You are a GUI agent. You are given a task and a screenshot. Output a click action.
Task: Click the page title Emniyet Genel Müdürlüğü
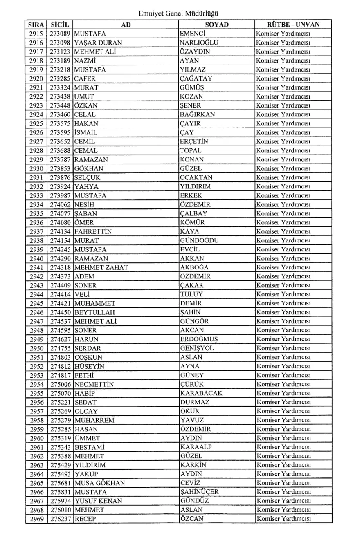tap(180, 13)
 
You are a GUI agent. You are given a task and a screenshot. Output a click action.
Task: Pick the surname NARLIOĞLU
tap(199, 43)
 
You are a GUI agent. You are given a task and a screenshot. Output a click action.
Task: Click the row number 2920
tap(36, 78)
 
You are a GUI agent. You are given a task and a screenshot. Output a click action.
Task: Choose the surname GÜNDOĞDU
tap(199, 240)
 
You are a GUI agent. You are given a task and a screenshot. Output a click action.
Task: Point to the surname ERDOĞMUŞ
tap(199, 339)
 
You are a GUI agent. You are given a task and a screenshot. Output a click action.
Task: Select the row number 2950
tap(36, 348)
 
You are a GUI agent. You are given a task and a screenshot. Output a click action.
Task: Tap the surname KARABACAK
tap(201, 393)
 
